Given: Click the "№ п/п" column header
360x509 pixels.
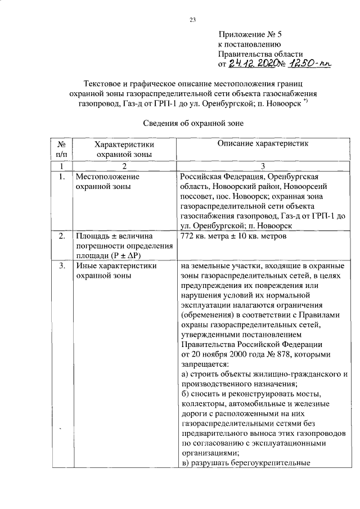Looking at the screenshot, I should [x=61, y=149].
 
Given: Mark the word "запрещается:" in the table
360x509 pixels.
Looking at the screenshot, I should [x=202, y=364].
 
